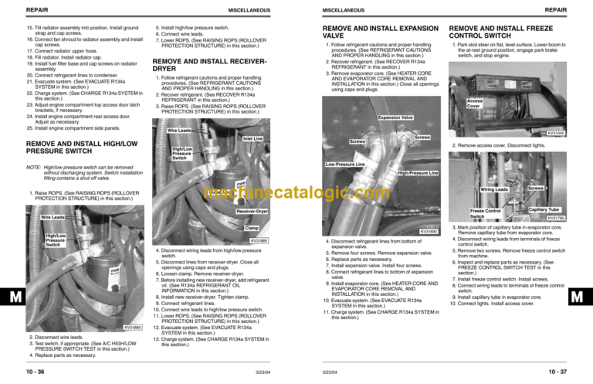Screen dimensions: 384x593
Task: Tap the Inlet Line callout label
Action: [x=253, y=139]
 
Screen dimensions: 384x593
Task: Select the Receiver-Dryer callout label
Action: [x=252, y=211]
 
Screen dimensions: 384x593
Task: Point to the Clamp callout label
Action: [x=251, y=228]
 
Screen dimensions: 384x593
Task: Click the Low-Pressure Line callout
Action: [x=345, y=165]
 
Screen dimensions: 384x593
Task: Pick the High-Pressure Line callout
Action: [x=418, y=172]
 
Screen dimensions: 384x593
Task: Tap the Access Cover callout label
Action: [x=475, y=103]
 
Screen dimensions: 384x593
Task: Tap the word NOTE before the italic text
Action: [x=34, y=166]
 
